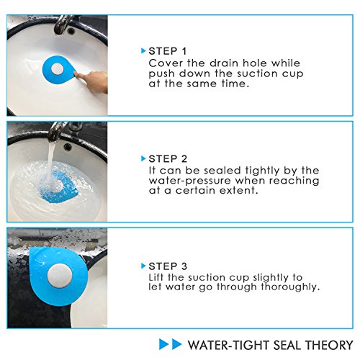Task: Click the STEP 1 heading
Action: tap(167, 51)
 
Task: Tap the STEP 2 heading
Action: tap(168, 159)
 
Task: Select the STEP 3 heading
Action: tap(168, 266)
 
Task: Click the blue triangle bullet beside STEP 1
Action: tap(143, 51)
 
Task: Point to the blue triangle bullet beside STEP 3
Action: tap(143, 266)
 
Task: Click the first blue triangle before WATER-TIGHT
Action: tap(164, 344)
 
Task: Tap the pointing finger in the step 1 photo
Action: tap(91, 81)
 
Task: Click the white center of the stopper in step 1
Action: tap(58, 69)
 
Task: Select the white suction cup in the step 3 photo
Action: tap(59, 276)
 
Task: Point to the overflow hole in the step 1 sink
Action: tap(71, 31)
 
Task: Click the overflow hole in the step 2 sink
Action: tap(68, 146)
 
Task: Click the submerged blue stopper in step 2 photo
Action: tap(59, 186)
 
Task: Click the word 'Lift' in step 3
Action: tap(156, 277)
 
